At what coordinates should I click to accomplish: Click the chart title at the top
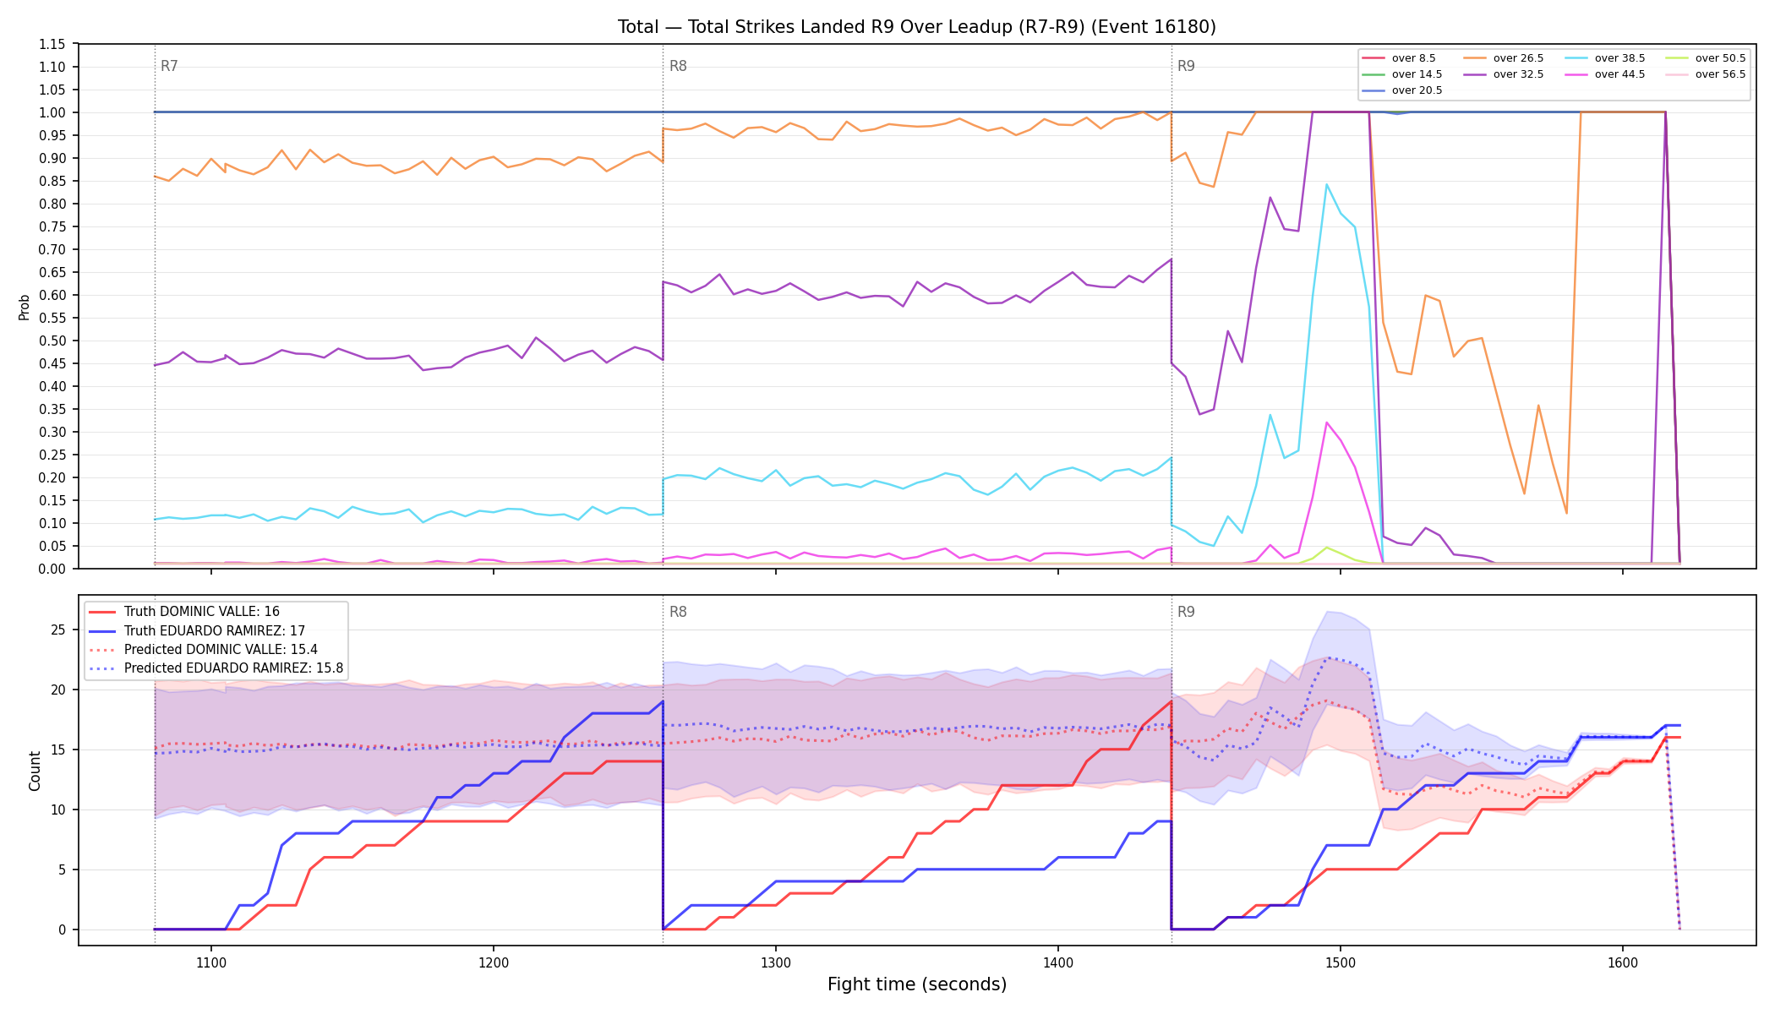pos(917,27)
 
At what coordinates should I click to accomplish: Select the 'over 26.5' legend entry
pos(1504,58)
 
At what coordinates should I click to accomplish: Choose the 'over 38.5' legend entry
pos(1605,58)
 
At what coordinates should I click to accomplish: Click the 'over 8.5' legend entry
pos(1399,58)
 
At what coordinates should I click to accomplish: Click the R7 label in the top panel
pos(169,66)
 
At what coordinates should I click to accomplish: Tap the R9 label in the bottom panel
pos(1186,612)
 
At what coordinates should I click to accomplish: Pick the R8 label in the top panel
pos(678,66)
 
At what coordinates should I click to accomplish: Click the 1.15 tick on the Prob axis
pos(52,44)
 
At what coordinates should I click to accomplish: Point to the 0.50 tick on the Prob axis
pos(52,341)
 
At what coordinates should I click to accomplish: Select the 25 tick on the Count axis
pos(58,630)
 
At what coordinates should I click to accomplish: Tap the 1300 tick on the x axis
pos(776,962)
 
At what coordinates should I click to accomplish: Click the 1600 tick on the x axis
pos(1623,962)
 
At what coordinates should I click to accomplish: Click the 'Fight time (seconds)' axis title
pos(917,984)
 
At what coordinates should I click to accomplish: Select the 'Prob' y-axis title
pos(25,307)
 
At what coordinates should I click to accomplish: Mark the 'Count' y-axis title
pos(35,771)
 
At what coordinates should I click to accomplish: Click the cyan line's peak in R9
pos(1326,184)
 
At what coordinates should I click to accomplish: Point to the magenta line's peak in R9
pos(1327,422)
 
